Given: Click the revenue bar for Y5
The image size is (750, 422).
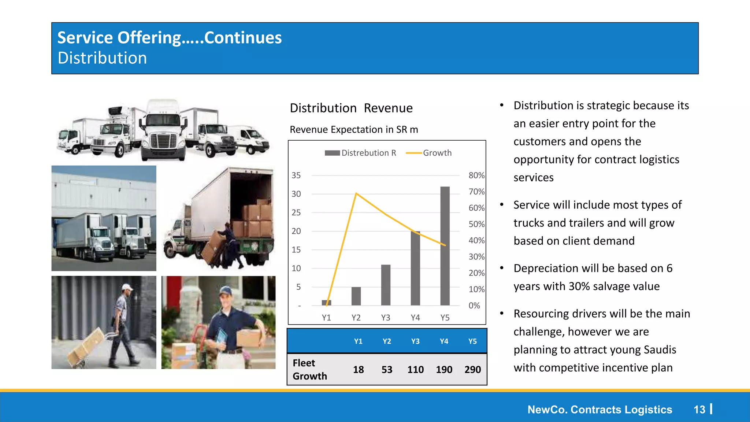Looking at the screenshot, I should (x=445, y=245).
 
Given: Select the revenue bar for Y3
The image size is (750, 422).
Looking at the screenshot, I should (x=386, y=285).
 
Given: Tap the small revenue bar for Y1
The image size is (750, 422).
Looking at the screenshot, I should (x=326, y=303).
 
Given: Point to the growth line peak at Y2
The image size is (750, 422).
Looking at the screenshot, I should (x=356, y=193).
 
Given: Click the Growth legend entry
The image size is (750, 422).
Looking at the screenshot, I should (x=429, y=153).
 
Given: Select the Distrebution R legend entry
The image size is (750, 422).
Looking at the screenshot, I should (x=361, y=153).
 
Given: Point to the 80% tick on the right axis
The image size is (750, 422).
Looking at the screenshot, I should (x=476, y=175).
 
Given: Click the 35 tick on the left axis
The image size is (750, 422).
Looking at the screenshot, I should (x=296, y=175).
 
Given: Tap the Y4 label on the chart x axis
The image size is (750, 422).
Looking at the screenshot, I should (x=415, y=318).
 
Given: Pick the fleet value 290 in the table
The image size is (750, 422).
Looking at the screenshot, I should (x=472, y=369).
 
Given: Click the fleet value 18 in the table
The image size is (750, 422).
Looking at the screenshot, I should (x=358, y=369).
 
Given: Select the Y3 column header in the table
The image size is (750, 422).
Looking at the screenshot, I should (x=415, y=341).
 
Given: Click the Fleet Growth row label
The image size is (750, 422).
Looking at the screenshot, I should (x=309, y=369).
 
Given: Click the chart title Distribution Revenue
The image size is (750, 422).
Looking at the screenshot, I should (x=351, y=108).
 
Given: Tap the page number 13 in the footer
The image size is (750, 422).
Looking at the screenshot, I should (x=699, y=410).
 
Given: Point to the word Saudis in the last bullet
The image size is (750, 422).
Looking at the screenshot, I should (x=660, y=349).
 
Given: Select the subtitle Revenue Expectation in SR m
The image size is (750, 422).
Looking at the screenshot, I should (x=354, y=130).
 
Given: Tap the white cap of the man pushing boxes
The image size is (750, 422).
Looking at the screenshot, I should (x=127, y=287).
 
